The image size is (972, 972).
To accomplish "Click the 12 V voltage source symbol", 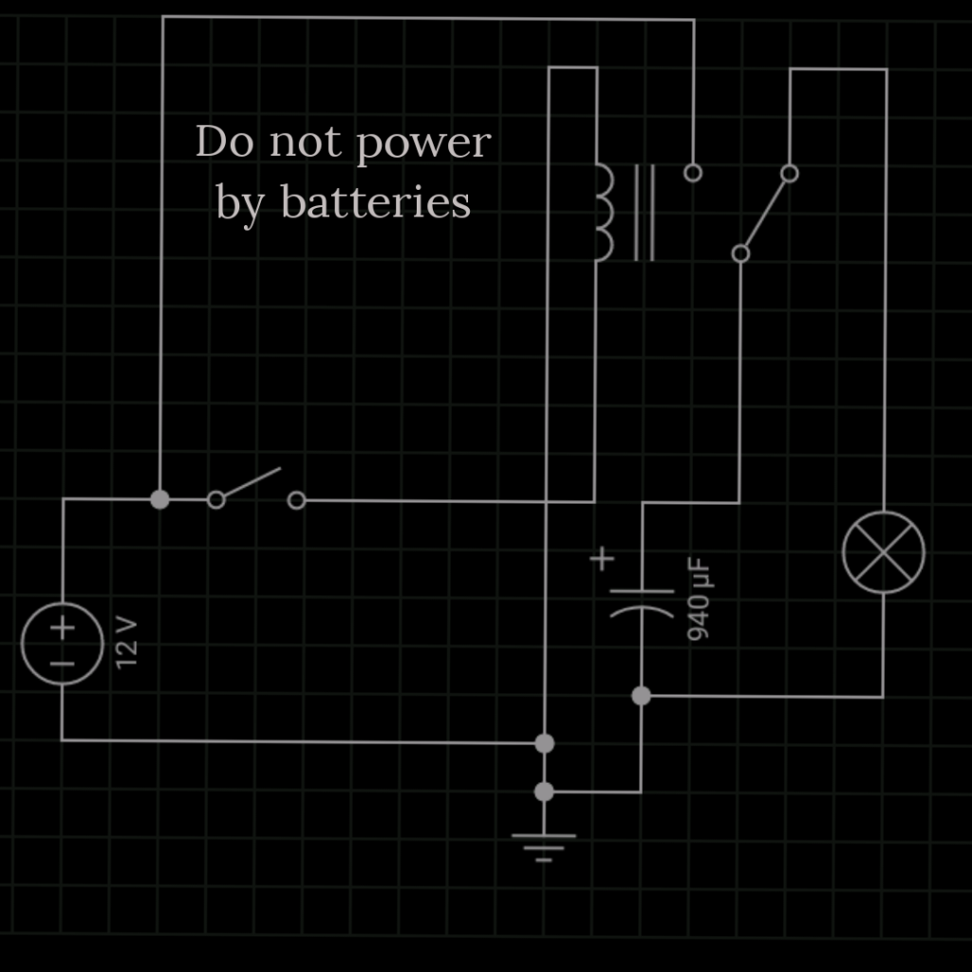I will pyautogui.click(x=63, y=644).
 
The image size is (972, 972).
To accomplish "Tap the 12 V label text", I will pyautogui.click(x=127, y=643).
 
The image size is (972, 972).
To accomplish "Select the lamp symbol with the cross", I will pyautogui.click(x=884, y=552).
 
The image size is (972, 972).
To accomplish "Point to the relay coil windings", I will pyautogui.click(x=605, y=213).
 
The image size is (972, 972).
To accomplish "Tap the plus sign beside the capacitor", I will pyautogui.click(x=602, y=559).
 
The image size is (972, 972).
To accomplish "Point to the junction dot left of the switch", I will pyautogui.click(x=160, y=499).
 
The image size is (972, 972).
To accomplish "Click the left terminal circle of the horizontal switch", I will pyautogui.click(x=216, y=499).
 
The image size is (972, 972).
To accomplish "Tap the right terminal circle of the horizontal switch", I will pyautogui.click(x=296, y=500).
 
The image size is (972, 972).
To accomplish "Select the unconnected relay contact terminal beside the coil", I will pyautogui.click(x=693, y=173).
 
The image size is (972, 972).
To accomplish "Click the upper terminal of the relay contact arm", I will pyautogui.click(x=789, y=173).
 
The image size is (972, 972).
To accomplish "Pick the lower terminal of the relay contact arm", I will pyautogui.click(x=741, y=253).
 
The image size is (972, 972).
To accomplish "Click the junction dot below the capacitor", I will pyautogui.click(x=641, y=696).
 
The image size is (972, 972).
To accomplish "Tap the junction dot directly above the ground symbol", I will pyautogui.click(x=544, y=791).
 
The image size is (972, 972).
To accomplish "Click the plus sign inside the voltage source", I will pyautogui.click(x=63, y=627).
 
